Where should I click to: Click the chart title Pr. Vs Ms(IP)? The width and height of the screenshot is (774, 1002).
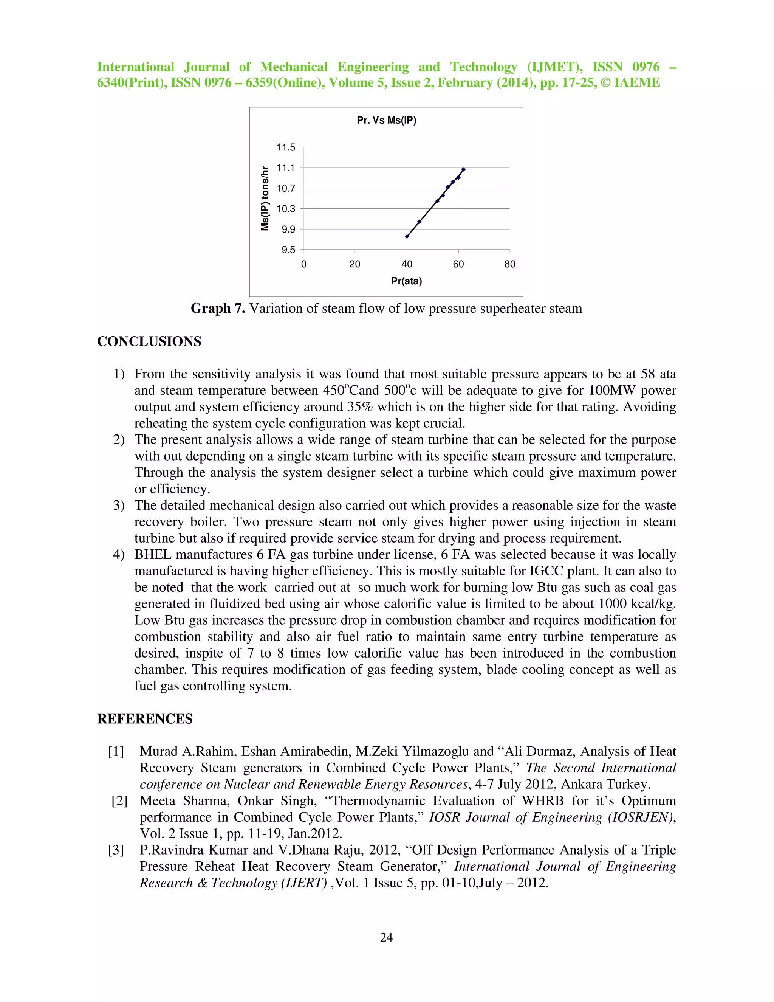pyautogui.click(x=386, y=120)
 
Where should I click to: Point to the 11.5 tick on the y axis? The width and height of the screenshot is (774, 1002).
pyautogui.click(x=286, y=147)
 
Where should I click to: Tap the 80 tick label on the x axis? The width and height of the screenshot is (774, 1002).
pyautogui.click(x=509, y=264)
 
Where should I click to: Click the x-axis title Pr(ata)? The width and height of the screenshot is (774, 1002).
pyautogui.click(x=406, y=281)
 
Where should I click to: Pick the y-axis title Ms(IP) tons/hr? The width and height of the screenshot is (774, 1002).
pyautogui.click(x=265, y=198)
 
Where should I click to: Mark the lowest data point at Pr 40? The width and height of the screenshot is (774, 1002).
pyautogui.click(x=407, y=236)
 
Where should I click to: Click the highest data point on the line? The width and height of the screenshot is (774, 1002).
pyautogui.click(x=463, y=170)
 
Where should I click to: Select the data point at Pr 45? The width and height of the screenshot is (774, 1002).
pyautogui.click(x=419, y=222)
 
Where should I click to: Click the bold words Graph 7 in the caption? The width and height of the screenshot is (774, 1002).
pyautogui.click(x=218, y=308)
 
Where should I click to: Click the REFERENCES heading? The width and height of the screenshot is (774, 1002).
pyautogui.click(x=144, y=719)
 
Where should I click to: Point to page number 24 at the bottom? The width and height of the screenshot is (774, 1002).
pyautogui.click(x=386, y=937)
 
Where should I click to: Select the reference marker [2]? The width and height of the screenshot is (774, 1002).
pyautogui.click(x=119, y=801)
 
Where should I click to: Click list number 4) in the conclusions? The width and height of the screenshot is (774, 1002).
pyautogui.click(x=119, y=555)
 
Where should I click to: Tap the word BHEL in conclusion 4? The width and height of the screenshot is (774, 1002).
pyautogui.click(x=153, y=555)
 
